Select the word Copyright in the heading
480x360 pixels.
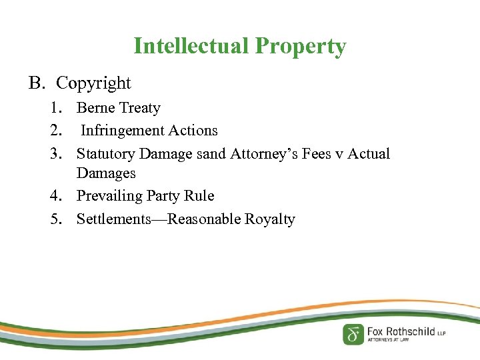point(93,83)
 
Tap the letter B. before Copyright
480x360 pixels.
point(36,83)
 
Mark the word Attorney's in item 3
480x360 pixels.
point(263,154)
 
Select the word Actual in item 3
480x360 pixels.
point(369,154)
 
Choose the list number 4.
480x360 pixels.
point(56,196)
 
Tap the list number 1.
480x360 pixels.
point(56,108)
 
